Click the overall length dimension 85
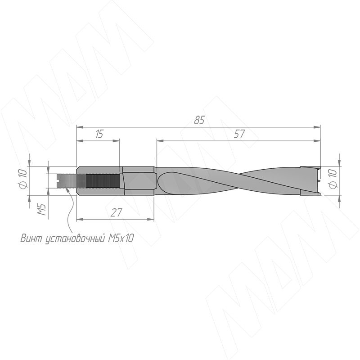[199, 120]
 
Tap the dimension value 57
[239, 134]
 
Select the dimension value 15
[99, 134]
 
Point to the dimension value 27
[116, 212]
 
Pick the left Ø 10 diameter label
[23, 178]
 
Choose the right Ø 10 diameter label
[333, 179]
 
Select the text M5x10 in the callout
[120, 238]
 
